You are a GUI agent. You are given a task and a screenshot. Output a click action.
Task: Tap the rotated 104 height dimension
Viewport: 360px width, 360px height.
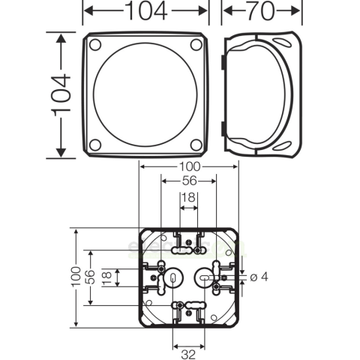point(65,95)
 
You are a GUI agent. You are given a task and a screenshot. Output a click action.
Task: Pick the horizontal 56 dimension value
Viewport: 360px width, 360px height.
point(188,182)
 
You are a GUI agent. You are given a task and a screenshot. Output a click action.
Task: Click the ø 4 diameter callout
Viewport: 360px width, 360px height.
point(259,277)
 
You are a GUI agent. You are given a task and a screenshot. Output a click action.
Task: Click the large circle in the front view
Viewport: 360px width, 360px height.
point(145,95)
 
